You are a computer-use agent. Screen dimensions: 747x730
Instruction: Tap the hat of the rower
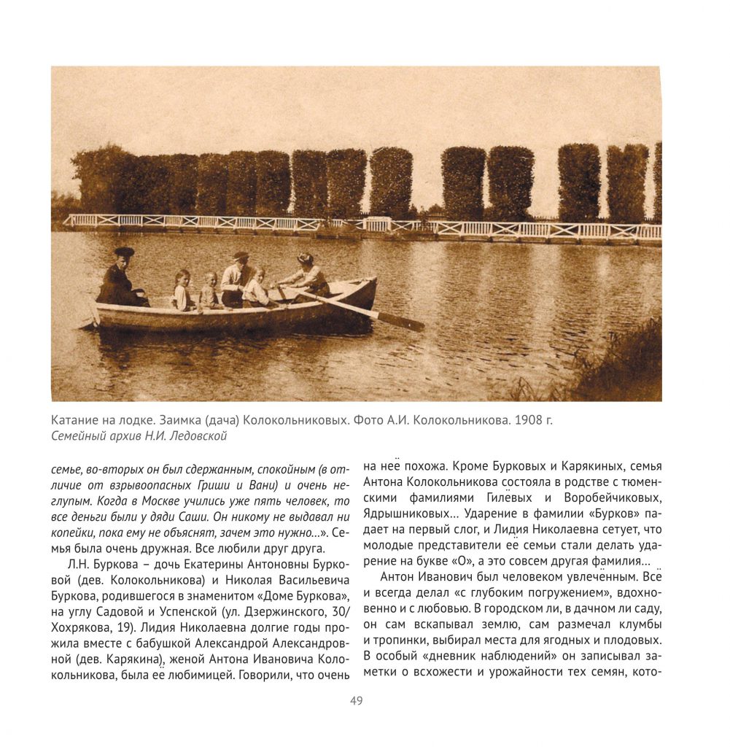pos(305,258)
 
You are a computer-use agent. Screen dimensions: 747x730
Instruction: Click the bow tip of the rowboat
pos(374,281)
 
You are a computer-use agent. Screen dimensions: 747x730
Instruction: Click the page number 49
pos(357,701)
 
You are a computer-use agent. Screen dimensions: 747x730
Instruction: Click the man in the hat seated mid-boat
pos(235,279)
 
